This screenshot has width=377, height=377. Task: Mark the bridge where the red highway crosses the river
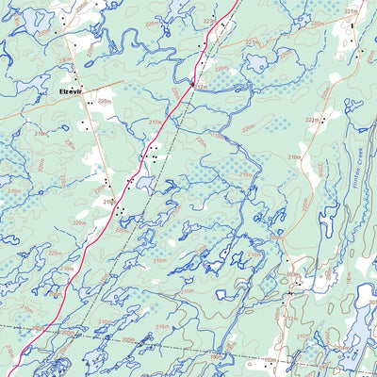click(x=192, y=82)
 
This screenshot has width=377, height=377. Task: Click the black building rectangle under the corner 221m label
click(x=352, y=25)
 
